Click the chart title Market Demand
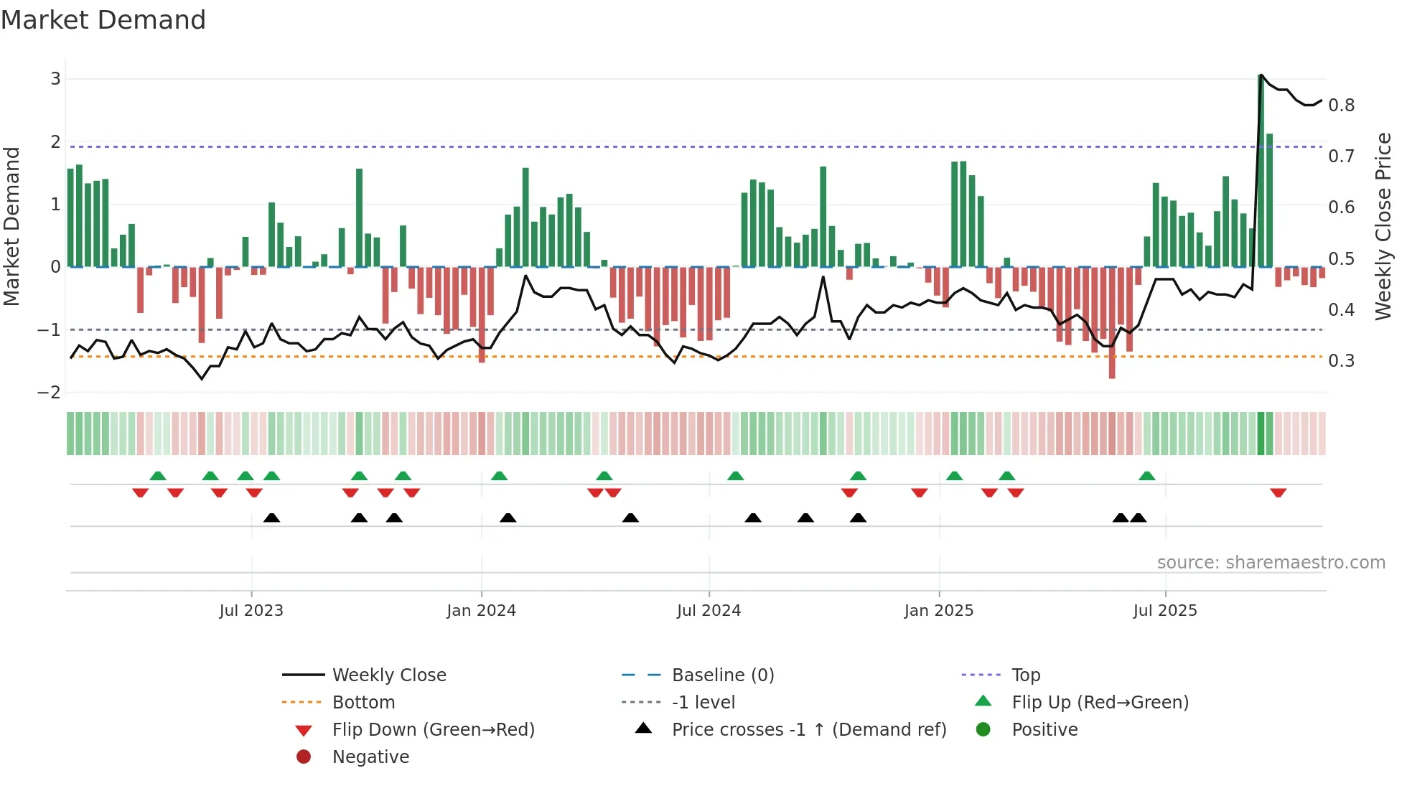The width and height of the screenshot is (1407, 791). click(x=103, y=20)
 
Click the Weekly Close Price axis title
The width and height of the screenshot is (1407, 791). click(x=1383, y=226)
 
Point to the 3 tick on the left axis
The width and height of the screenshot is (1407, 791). click(x=55, y=79)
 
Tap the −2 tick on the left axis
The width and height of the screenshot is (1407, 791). click(x=50, y=393)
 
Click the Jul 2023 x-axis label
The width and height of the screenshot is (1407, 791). click(x=251, y=611)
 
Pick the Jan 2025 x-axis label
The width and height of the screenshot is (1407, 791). click(x=938, y=611)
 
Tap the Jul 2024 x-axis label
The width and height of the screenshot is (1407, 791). click(x=709, y=611)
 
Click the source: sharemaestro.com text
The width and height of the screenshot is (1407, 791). click(x=1271, y=563)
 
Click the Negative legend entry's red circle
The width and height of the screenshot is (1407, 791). click(x=304, y=757)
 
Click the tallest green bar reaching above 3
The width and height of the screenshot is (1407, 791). click(x=1261, y=172)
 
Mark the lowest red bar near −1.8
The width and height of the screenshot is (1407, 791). click(x=1112, y=323)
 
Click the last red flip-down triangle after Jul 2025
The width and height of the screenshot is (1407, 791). click(x=1278, y=492)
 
